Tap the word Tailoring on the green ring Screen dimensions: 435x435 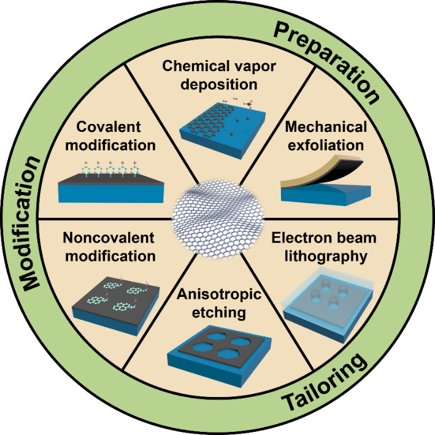(326, 383)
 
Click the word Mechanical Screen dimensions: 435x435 (326, 127)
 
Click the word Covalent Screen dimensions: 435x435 (109, 127)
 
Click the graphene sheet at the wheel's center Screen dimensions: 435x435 (218, 217)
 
